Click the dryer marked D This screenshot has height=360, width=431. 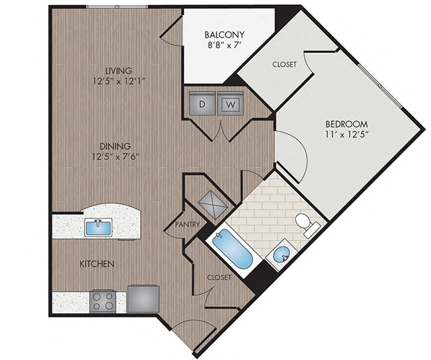pos(203,103)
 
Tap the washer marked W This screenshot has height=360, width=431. pos(230,103)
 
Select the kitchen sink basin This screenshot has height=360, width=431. pos(98,227)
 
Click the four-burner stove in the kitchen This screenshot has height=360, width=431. pos(102,301)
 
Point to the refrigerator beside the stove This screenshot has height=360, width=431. pos(143,299)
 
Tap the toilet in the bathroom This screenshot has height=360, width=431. pos(307,224)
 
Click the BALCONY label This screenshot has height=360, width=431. pos(224,35)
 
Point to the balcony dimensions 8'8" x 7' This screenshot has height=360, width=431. pos(224,45)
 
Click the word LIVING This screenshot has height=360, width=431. pos(119,71)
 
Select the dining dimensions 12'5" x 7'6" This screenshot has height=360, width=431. pos(115,157)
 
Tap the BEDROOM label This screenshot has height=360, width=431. pos(346,124)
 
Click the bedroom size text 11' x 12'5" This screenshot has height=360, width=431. pos(346,135)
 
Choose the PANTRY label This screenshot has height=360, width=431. pos(187,224)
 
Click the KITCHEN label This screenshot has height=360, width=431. pos(97,264)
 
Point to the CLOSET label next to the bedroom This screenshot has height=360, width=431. pos(285,64)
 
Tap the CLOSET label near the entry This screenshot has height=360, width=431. pos(219,277)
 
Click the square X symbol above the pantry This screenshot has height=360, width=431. pos(213,205)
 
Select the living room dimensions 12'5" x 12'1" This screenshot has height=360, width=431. pos(119,81)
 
